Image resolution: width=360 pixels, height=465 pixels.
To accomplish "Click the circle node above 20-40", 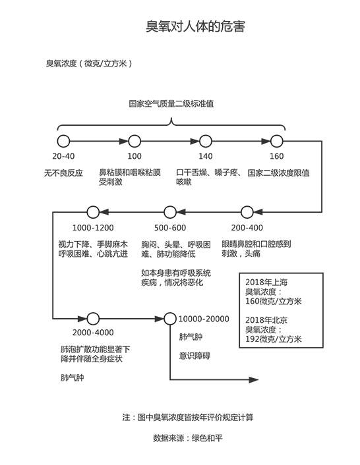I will click(x=63, y=140).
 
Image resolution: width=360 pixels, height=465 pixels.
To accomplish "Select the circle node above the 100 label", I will click(x=135, y=140).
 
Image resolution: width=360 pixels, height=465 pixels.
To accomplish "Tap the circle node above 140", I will click(x=206, y=140).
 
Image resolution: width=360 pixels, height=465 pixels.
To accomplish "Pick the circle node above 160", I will click(x=277, y=140).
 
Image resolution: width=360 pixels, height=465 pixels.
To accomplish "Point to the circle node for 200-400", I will click(x=247, y=211).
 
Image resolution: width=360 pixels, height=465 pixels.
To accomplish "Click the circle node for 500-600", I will click(x=170, y=211).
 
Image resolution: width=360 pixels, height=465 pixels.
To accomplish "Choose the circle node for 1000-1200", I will click(x=92, y=211).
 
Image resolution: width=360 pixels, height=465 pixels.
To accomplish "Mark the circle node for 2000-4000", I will click(x=92, y=317).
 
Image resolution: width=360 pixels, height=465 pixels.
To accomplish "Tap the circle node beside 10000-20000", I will click(x=169, y=317).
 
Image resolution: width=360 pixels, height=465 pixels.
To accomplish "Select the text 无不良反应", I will click(x=64, y=173).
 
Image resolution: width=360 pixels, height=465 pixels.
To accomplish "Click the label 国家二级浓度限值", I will click(x=279, y=173).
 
